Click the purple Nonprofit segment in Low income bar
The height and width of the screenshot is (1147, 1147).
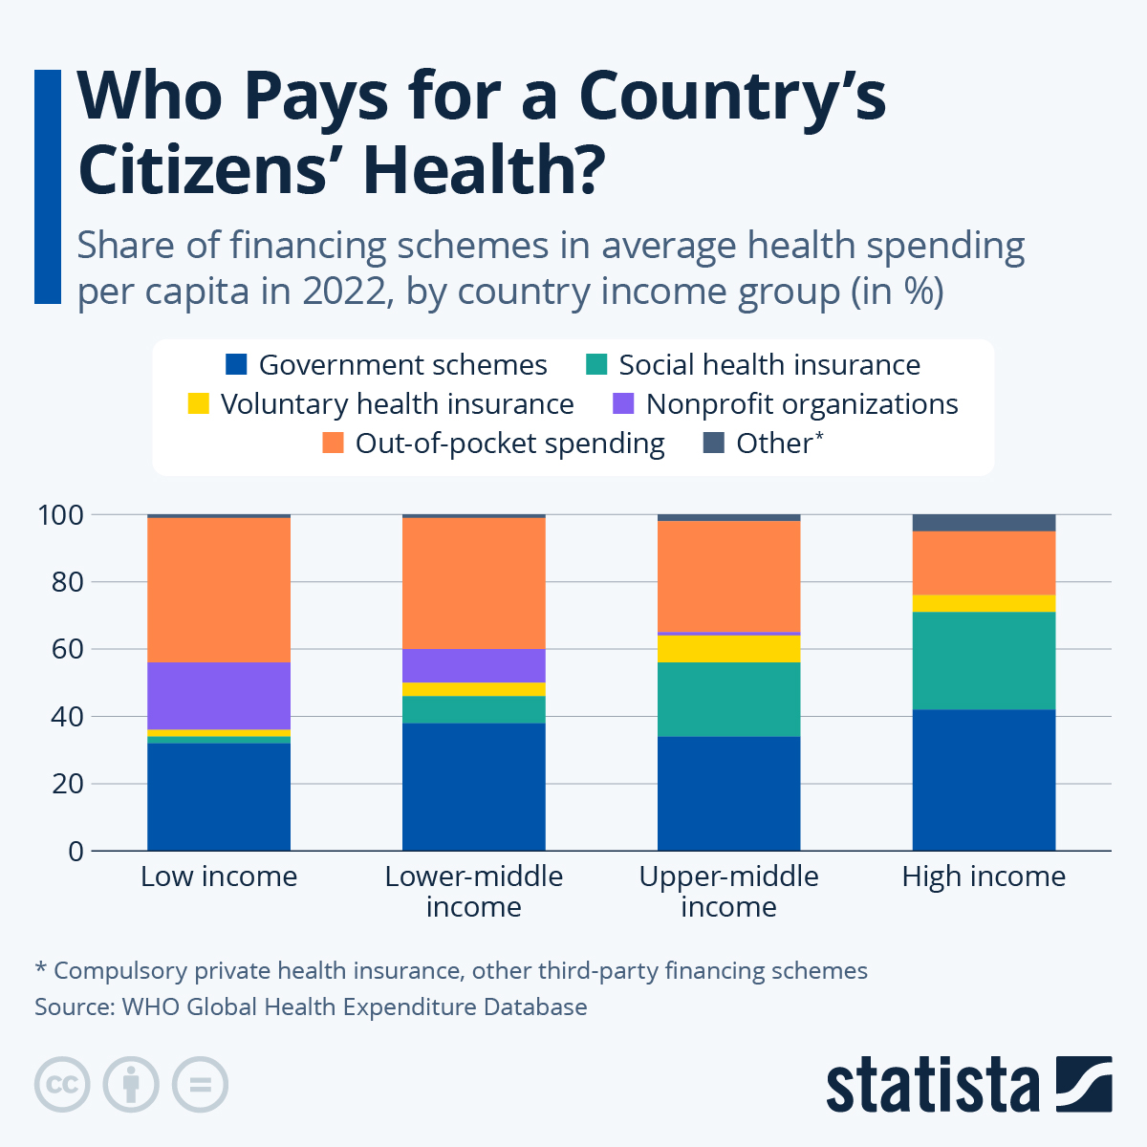219,695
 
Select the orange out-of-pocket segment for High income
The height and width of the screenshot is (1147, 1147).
984,563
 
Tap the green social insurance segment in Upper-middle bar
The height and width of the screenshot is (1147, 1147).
728,700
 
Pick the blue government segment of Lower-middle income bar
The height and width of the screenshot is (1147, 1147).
473,787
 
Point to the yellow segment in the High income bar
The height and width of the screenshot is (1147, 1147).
984,603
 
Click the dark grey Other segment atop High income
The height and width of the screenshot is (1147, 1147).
984,523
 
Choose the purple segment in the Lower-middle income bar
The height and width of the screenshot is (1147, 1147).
473,665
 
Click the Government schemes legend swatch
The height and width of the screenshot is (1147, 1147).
236,365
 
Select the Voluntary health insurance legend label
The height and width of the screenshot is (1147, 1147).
397,404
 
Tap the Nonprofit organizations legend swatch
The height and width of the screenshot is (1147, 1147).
623,404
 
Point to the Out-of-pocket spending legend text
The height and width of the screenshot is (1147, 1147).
509,444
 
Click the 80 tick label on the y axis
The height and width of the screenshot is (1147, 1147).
61,582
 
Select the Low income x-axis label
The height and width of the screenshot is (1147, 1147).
219,876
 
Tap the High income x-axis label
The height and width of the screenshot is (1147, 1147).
984,876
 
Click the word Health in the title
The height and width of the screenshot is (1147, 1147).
485,169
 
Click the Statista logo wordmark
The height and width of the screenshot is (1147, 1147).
932,1085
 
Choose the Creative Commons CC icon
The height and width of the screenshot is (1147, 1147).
62,1085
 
